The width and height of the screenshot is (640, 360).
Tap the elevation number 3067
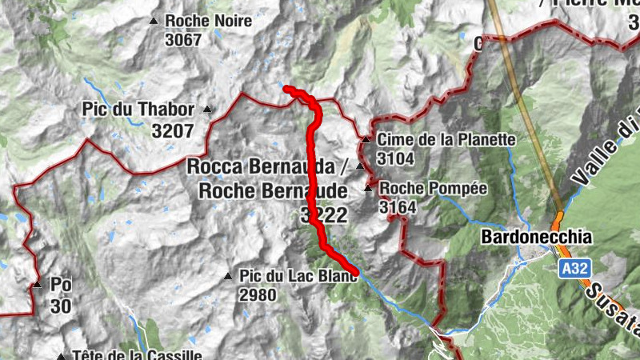point(183,39)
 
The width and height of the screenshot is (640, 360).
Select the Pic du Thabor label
point(138,110)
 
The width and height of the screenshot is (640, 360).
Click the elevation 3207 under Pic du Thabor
point(173,130)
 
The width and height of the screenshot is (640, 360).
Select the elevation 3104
point(397,158)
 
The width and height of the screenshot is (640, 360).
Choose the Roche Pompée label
point(433,189)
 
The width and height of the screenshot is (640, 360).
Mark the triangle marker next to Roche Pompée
point(368,189)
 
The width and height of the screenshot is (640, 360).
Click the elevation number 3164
point(398,208)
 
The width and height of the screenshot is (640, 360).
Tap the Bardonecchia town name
point(537,238)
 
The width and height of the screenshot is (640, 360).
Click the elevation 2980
point(257,295)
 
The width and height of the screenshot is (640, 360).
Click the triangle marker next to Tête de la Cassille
point(62,356)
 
